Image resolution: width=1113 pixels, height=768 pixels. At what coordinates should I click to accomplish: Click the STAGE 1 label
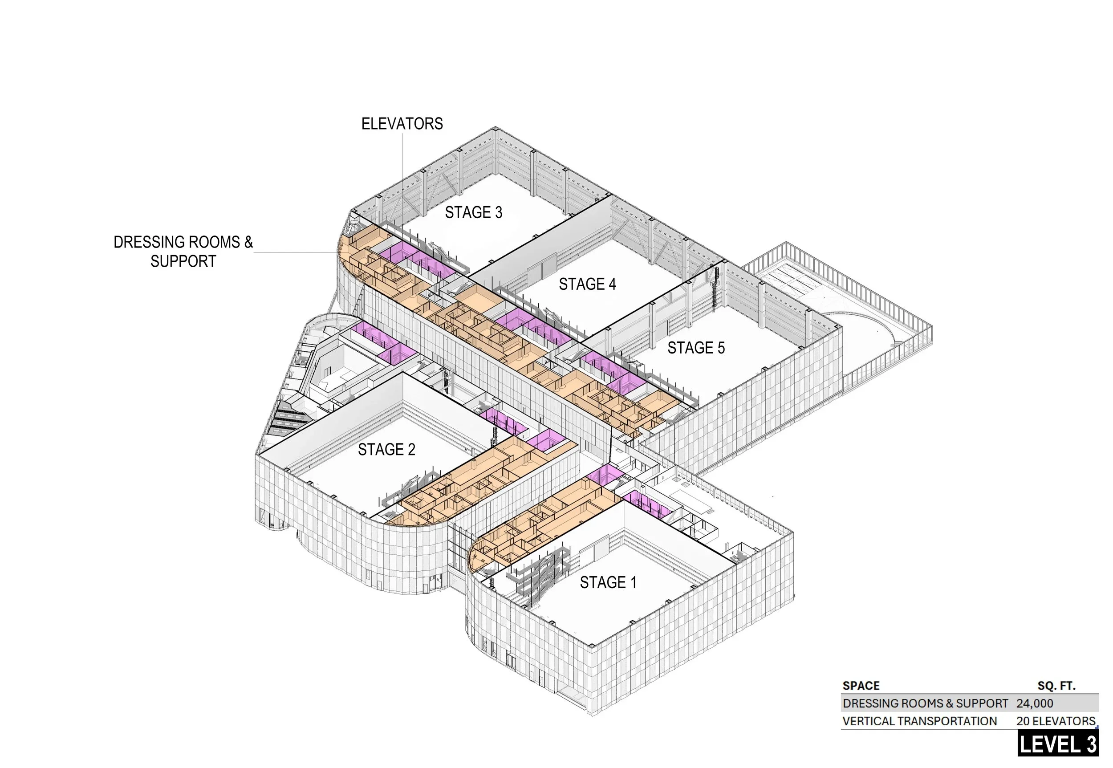click(x=608, y=583)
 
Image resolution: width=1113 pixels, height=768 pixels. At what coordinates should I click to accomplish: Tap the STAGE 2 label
click(x=386, y=449)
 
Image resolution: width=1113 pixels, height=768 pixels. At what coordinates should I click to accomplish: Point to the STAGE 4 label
click(x=587, y=284)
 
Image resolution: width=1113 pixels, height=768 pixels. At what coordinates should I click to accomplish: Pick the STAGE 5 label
click(x=696, y=348)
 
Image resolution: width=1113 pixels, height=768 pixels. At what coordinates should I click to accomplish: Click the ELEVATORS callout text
click(x=402, y=124)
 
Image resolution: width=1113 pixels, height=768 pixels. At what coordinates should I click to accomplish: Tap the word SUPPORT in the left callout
click(x=183, y=261)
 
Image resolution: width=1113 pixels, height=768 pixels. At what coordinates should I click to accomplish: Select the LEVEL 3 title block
click(x=1058, y=744)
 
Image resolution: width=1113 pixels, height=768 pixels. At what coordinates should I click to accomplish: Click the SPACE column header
click(x=861, y=686)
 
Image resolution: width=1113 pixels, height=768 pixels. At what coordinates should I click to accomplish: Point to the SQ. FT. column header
click(x=1056, y=686)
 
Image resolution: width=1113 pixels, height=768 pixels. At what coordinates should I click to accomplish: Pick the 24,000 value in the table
click(x=1035, y=703)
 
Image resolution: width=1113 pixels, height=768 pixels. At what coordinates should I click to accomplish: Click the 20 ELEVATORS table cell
click(x=1056, y=721)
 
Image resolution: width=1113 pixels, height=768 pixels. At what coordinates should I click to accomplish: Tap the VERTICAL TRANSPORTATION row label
click(x=919, y=721)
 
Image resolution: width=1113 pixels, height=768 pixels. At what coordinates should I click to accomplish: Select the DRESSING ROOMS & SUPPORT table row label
click(x=925, y=703)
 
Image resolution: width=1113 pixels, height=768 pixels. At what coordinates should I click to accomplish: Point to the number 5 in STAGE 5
click(x=721, y=348)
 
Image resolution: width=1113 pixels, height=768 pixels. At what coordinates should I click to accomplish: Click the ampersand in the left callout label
click(x=248, y=242)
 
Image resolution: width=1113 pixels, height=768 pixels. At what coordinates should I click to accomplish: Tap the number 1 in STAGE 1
click(x=633, y=583)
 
